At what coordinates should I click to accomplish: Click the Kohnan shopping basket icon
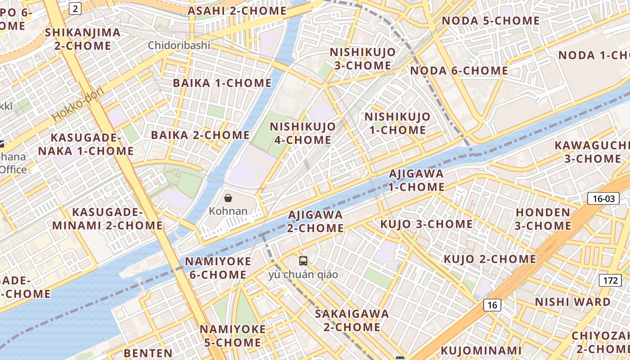pyautogui.click(x=228, y=198)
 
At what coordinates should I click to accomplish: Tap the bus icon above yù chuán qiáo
pyautogui.click(x=303, y=261)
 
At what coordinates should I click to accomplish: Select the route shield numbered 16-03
pyautogui.click(x=603, y=198)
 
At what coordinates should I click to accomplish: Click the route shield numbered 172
pyautogui.click(x=610, y=280)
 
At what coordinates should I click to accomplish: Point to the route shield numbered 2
pyautogui.click(x=75, y=8)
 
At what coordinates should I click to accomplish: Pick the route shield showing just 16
pyautogui.click(x=492, y=305)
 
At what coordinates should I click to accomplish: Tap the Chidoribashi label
pyautogui.click(x=179, y=45)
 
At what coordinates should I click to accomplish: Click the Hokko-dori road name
pyautogui.click(x=77, y=104)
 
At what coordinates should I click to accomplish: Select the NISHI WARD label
pyautogui.click(x=572, y=302)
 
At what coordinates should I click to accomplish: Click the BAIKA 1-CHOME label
pyautogui.click(x=222, y=83)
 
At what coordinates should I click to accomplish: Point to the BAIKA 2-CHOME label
pyautogui.click(x=200, y=135)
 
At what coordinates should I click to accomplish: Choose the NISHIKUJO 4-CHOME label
pyautogui.click(x=303, y=133)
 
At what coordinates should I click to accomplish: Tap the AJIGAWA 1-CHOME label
pyautogui.click(x=416, y=180)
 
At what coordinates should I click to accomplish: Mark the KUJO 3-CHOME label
pyautogui.click(x=426, y=224)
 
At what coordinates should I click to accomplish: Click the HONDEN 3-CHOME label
pyautogui.click(x=543, y=219)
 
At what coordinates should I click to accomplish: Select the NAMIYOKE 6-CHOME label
pyautogui.click(x=218, y=268)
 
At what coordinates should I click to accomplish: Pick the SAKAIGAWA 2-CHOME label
pyautogui.click(x=352, y=320)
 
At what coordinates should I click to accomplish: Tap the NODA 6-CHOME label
pyautogui.click(x=459, y=71)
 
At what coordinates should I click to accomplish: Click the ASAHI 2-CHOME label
pyautogui.click(x=237, y=11)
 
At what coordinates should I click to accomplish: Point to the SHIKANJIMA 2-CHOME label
pyautogui.click(x=83, y=39)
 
